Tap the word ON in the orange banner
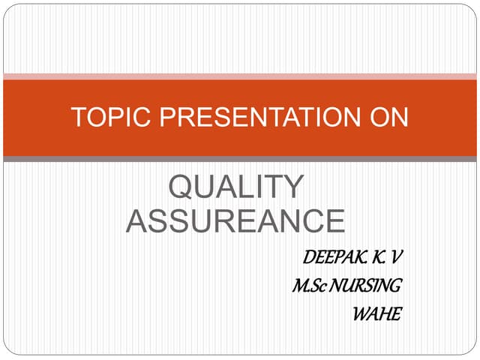(388, 118)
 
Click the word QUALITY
(235, 187)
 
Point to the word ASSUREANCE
(235, 220)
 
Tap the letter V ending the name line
(397, 258)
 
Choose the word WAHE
(376, 312)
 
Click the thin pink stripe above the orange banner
(240, 76)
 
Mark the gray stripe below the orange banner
(240, 159)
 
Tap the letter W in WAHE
(361, 312)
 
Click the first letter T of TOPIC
(77, 118)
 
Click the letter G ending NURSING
(395, 285)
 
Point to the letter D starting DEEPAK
(308, 258)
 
